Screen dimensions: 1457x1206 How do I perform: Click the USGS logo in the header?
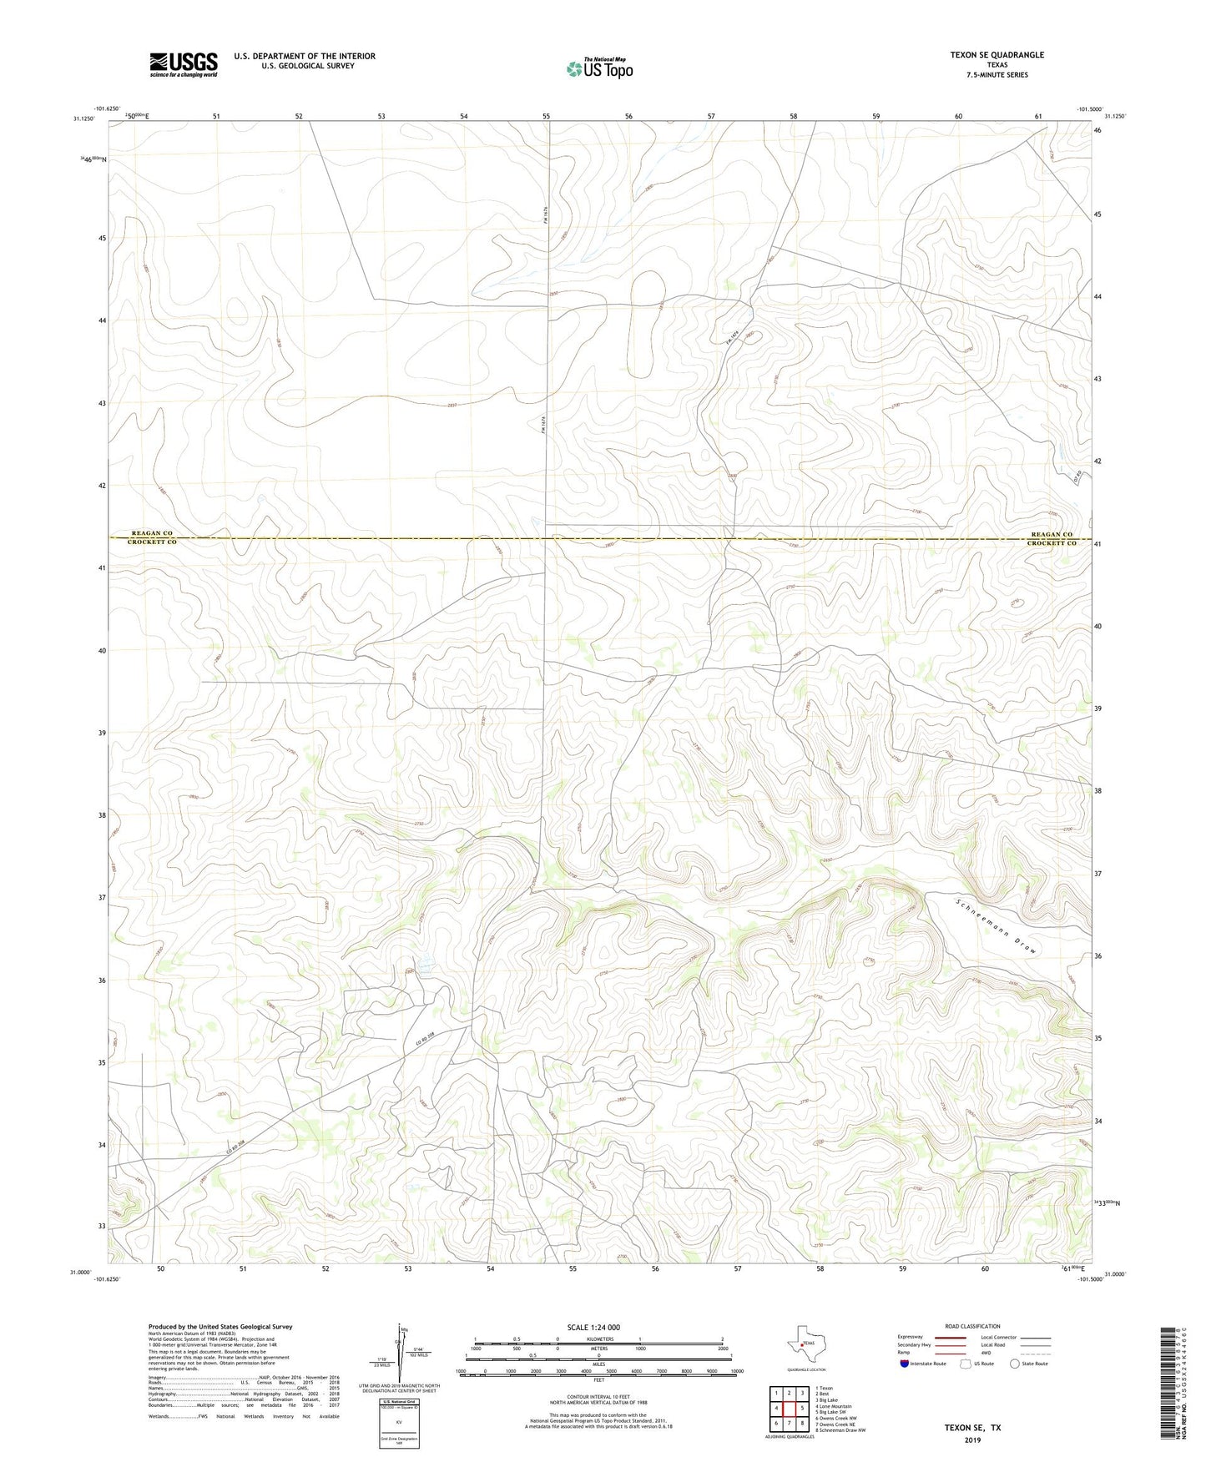[184, 63]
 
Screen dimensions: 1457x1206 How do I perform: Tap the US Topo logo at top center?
[598, 68]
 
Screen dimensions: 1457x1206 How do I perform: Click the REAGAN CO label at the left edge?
[152, 533]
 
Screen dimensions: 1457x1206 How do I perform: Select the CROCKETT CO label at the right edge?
[1050, 543]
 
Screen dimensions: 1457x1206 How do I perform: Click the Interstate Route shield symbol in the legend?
[905, 1364]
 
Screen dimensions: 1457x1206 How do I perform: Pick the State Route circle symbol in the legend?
[1015, 1364]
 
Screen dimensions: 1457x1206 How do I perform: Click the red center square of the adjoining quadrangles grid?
[789, 1408]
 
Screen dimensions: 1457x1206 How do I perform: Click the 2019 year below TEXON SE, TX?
[972, 1439]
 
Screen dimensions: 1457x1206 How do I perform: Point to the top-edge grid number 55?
[546, 117]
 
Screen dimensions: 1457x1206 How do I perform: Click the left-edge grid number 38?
[102, 814]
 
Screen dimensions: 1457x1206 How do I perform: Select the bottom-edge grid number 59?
[902, 1268]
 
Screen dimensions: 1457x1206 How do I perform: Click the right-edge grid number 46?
[1098, 131]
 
